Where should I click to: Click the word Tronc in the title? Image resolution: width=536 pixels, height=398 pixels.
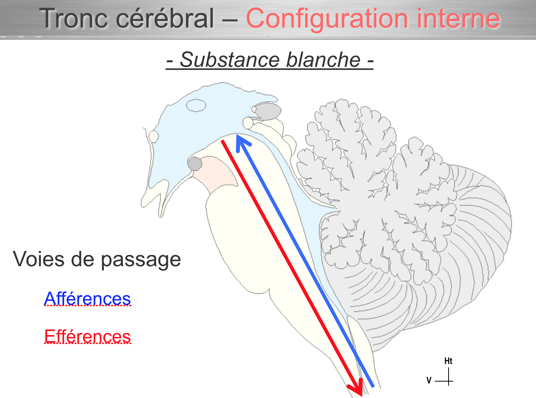(x=72, y=18)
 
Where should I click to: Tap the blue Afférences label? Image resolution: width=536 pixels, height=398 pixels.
(x=87, y=298)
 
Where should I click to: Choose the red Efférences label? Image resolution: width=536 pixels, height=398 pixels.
(x=87, y=337)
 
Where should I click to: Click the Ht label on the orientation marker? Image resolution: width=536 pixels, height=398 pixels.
(x=448, y=361)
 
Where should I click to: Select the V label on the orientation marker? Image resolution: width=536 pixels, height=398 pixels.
(x=429, y=380)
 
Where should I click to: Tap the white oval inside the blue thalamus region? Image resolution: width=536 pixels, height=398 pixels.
(x=196, y=105)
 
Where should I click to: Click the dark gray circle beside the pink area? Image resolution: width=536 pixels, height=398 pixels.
(x=195, y=164)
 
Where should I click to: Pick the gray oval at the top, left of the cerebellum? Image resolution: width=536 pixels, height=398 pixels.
(x=268, y=111)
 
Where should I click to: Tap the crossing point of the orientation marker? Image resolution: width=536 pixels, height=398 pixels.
(x=448, y=381)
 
